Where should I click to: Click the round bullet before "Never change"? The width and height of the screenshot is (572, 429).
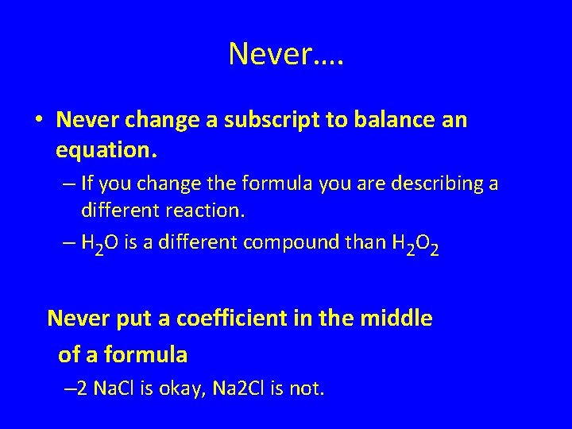pos(38,122)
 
